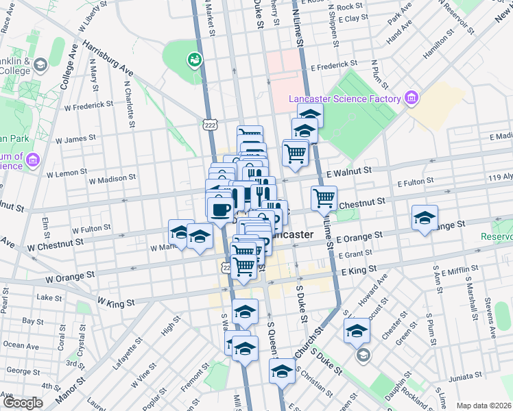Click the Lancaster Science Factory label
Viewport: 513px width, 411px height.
(344, 99)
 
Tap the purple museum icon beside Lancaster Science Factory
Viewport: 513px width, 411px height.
(411, 99)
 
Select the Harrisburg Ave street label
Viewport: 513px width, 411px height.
(108, 59)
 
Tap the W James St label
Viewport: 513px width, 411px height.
(75, 139)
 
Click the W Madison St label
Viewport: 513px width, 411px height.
(112, 179)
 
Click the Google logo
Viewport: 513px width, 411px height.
(23, 403)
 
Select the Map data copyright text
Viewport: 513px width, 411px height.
(484, 406)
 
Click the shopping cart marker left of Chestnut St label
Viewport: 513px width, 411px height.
(324, 199)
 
